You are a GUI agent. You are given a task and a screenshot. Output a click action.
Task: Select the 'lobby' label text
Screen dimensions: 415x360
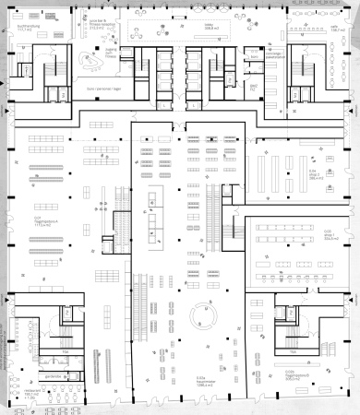(210, 27)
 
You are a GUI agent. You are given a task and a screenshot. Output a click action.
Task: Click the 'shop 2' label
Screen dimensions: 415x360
(315, 174)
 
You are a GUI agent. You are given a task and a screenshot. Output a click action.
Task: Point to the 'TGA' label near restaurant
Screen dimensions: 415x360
(65, 351)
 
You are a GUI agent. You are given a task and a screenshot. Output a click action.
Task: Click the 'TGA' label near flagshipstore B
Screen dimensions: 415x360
(294, 351)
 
